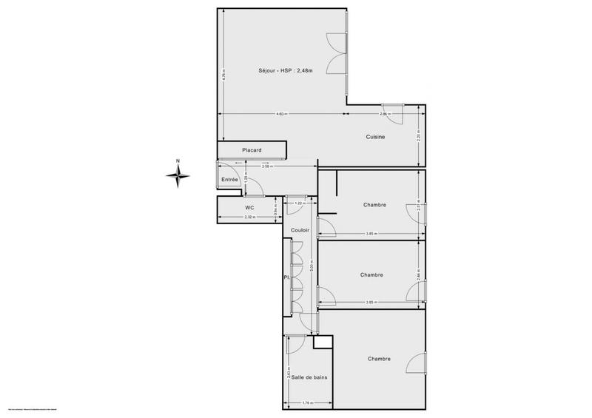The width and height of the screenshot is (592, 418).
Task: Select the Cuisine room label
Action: click(374, 137)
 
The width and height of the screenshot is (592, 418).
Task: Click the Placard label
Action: click(252, 151)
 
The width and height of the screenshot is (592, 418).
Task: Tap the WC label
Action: click(249, 208)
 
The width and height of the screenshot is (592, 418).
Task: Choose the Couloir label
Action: click(300, 230)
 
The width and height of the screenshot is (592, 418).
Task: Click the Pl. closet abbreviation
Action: click(285, 278)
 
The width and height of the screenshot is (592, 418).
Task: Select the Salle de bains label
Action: click(309, 377)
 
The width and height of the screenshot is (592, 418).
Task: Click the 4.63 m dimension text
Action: click(282, 114)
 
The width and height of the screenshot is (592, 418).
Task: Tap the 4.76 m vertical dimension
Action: click(223, 74)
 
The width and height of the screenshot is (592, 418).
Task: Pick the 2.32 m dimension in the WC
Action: click(250, 218)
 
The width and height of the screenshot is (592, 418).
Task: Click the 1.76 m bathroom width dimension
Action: click(306, 402)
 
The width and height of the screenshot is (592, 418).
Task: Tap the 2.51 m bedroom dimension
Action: click(419, 209)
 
